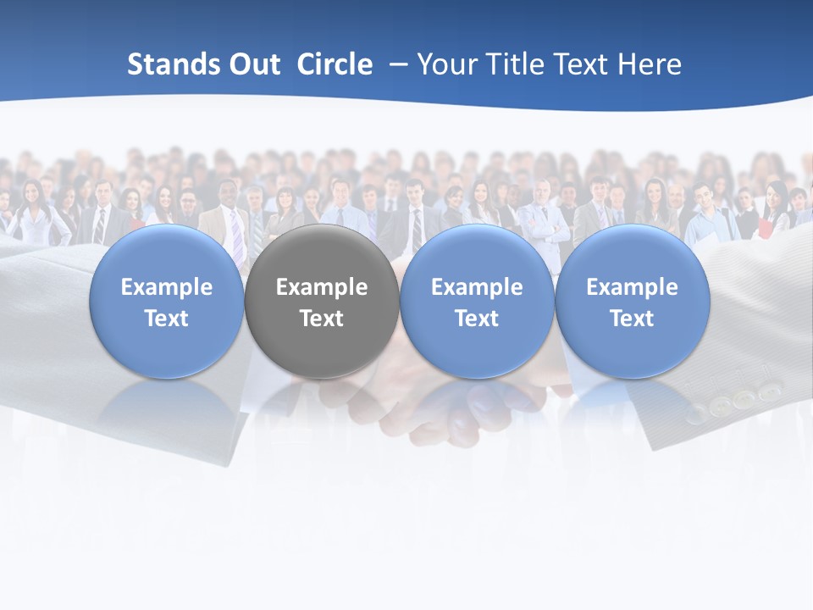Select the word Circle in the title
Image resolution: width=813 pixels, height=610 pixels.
[x=335, y=64]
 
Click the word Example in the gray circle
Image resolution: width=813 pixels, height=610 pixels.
[x=322, y=287]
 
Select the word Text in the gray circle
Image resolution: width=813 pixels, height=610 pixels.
[x=322, y=319]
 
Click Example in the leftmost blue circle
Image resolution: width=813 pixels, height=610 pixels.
[x=167, y=287]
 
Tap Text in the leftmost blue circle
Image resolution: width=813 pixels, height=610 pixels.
[x=167, y=319]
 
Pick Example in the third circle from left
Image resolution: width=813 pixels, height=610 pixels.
[x=477, y=287]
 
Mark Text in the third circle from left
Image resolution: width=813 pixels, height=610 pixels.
[x=477, y=319]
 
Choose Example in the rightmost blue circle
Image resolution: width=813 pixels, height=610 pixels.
[x=632, y=287]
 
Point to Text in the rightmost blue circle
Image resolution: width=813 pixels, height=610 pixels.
[x=632, y=319]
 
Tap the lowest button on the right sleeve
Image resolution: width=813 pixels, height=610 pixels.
[x=696, y=414]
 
